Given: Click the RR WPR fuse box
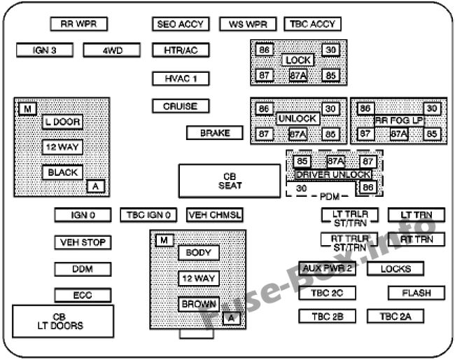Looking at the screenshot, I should click(78, 24).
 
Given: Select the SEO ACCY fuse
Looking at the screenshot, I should click(181, 24).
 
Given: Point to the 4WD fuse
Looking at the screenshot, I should click(112, 50).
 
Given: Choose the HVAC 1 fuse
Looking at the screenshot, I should click(181, 78).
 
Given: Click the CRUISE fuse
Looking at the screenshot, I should click(181, 106).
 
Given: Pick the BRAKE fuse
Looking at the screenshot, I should click(214, 133).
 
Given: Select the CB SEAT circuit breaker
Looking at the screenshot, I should click(230, 181).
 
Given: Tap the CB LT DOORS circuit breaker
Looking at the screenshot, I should click(63, 321).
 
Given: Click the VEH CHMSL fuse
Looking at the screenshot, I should click(214, 214).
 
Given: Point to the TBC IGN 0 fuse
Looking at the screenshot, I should click(149, 214).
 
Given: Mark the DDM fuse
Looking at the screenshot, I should click(83, 269).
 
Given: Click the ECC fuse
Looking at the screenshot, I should click(83, 296).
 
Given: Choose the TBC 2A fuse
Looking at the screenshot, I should click(395, 317).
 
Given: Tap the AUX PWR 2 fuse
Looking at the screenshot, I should click(326, 269).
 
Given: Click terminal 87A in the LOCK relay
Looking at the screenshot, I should click(298, 75).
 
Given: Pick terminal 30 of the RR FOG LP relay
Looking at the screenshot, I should click(432, 109).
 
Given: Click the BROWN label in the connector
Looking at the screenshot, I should click(199, 305).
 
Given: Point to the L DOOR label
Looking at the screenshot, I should click(62, 122).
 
